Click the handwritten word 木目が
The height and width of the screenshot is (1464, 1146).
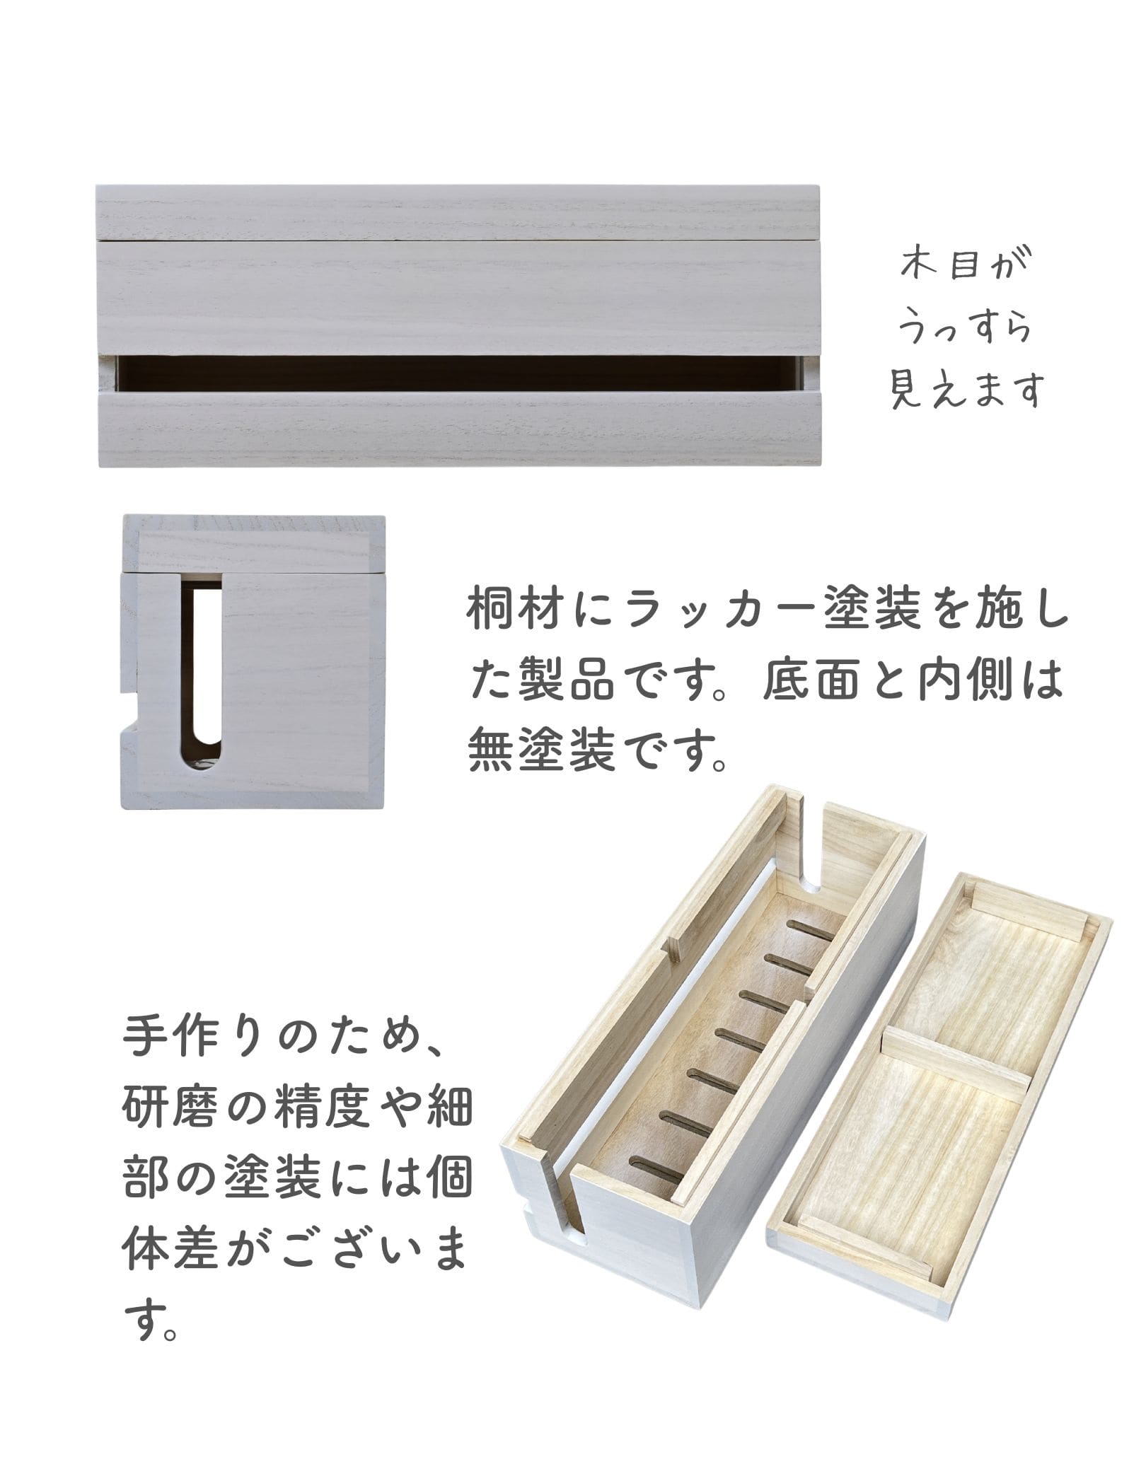[x=966, y=271]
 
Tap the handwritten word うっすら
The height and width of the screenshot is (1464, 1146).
[x=964, y=330]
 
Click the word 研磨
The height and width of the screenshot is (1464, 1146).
[x=158, y=1108]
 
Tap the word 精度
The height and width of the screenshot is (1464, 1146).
[x=332, y=1108]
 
